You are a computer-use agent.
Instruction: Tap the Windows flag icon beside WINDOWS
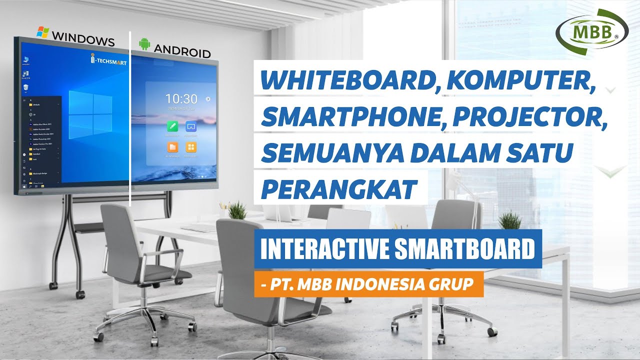pos(42,32)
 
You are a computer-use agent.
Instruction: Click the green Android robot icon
pos(144,44)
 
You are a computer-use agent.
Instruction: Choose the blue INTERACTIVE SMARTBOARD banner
pos(398,249)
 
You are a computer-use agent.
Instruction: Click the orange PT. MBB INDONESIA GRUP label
pos(368,284)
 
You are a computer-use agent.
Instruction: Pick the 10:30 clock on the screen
pos(181,99)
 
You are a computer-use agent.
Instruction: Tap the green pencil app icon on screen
pos(173,126)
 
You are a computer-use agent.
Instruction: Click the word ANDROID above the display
pos(182,50)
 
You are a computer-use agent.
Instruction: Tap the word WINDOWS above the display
pos(83,38)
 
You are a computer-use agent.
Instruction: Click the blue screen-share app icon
pos(191,126)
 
